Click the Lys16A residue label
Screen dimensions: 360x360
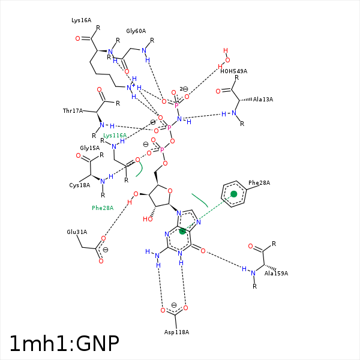81,20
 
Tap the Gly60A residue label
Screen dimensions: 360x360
136,31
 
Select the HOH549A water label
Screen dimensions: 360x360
234,71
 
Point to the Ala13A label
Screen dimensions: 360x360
263,100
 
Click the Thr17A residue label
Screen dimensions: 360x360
73,111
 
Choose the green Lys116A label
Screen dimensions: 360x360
115,136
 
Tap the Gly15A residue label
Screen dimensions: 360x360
90,148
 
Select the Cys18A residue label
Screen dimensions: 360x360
80,185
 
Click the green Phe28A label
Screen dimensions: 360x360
103,208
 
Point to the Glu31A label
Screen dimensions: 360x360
77,232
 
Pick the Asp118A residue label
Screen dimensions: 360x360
176,332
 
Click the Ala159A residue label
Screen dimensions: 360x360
276,274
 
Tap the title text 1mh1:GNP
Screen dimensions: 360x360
64,344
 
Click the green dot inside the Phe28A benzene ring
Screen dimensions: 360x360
234,194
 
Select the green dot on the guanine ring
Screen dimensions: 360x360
182,231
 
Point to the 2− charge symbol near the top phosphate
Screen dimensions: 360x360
184,89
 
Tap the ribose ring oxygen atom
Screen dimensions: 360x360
170,191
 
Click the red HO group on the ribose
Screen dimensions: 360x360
148,219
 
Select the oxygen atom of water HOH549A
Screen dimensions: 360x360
227,60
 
